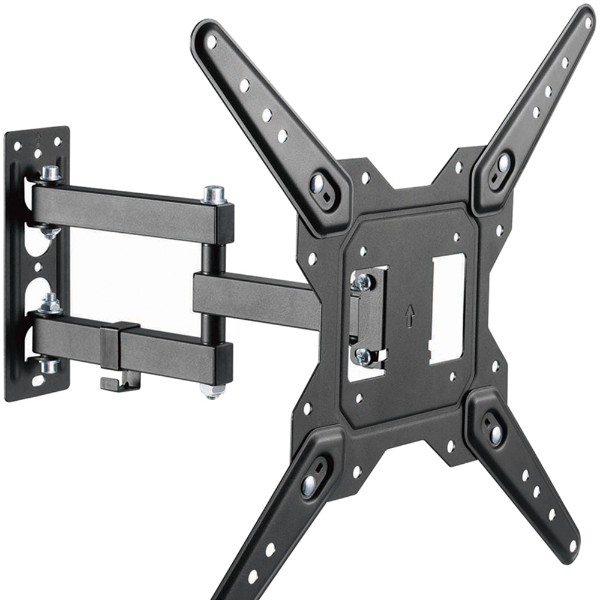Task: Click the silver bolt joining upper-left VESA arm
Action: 317,183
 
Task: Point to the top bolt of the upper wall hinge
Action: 50,173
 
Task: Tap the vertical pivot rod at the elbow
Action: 214,258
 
